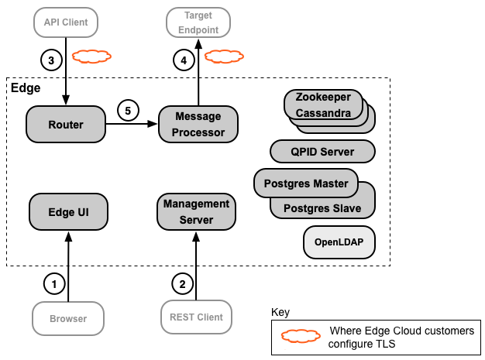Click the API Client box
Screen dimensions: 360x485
tap(67, 22)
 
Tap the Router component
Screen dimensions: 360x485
tap(66, 124)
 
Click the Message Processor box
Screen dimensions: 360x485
tap(198, 124)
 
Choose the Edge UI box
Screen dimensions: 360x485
tap(68, 211)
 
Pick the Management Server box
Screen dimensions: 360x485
tap(197, 211)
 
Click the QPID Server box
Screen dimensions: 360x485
tap(322, 152)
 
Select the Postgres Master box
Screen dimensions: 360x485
tap(305, 183)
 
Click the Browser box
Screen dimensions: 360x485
tap(67, 317)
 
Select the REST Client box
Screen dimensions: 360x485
tap(196, 317)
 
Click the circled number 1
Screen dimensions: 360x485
tap(54, 284)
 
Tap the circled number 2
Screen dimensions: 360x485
tap(182, 284)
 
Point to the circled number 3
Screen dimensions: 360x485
tap(50, 59)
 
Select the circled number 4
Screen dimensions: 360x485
tap(184, 59)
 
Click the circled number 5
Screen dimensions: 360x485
tap(129, 110)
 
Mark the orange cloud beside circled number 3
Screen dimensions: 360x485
tap(91, 57)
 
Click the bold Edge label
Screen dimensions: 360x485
tap(26, 88)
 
